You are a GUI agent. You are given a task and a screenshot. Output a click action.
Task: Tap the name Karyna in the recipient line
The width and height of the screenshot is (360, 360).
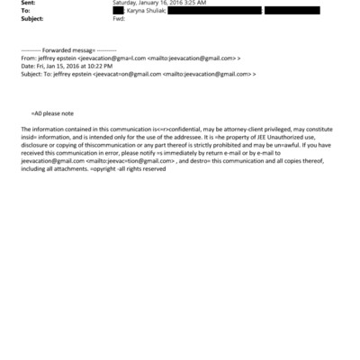pyautogui.click(x=139, y=10)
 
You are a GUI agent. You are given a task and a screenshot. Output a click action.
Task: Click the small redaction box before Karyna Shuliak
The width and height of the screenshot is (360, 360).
pyautogui.click(x=118, y=10)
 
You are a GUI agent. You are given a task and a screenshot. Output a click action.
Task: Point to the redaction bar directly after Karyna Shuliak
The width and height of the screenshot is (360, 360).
pyautogui.click(x=216, y=10)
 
